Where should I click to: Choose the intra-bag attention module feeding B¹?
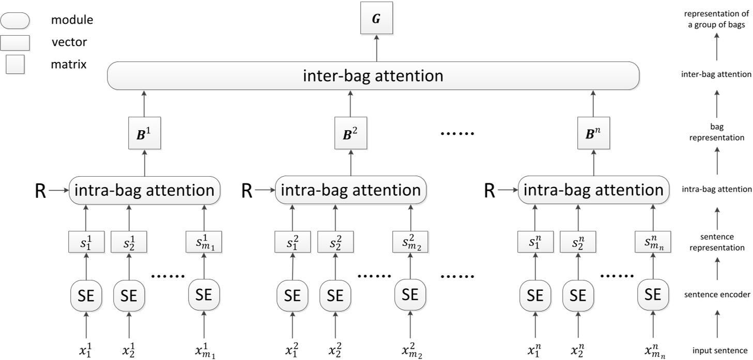click(144, 190)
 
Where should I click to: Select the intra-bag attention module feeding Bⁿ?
click(593, 190)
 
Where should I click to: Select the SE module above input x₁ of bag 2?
click(293, 295)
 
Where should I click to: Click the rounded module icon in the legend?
click(15, 21)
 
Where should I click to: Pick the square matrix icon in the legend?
click(15, 65)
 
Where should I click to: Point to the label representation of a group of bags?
click(716, 19)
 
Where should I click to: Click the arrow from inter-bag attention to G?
click(376, 49)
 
